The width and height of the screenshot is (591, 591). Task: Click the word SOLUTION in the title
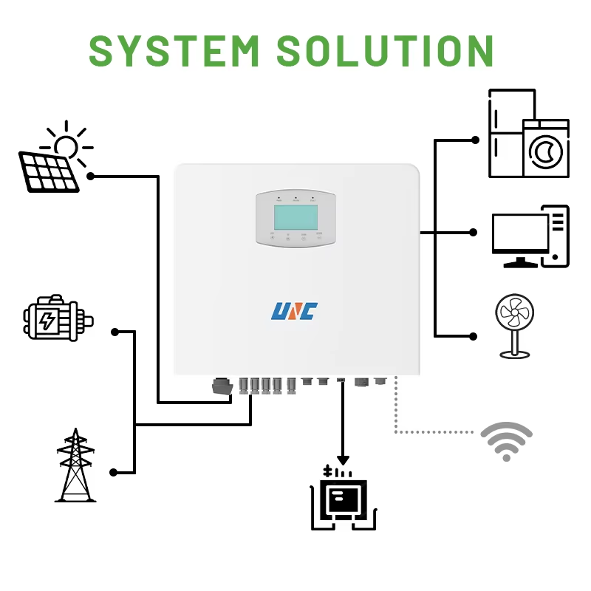pos(384,49)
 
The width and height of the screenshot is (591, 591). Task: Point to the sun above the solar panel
pos(66,143)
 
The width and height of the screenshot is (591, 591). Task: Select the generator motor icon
pos(55,319)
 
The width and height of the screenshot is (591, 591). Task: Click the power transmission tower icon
pos(75,465)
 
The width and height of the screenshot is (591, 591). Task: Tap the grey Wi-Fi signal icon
pos(506,442)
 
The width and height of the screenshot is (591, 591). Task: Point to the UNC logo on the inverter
pos(293,310)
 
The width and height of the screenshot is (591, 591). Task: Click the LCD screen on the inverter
pos(295,217)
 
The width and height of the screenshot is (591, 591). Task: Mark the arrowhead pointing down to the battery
pos(342,460)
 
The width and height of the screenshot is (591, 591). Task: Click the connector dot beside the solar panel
pos(91,176)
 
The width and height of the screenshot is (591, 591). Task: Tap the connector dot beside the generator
pos(115,332)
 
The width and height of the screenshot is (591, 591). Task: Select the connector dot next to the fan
pos(474,335)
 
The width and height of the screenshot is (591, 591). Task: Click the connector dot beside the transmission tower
pos(114,471)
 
